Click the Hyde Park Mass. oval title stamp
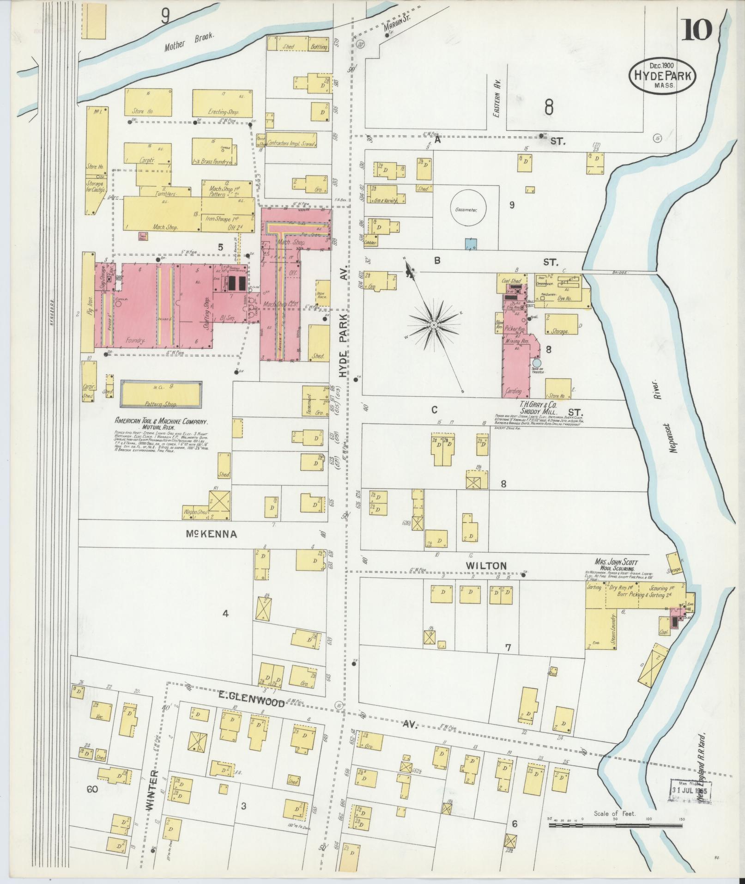pos(662,77)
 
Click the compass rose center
pos(434,325)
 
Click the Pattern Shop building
pos(161,395)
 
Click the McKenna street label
pos(211,534)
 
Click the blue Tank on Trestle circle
pos(536,363)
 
